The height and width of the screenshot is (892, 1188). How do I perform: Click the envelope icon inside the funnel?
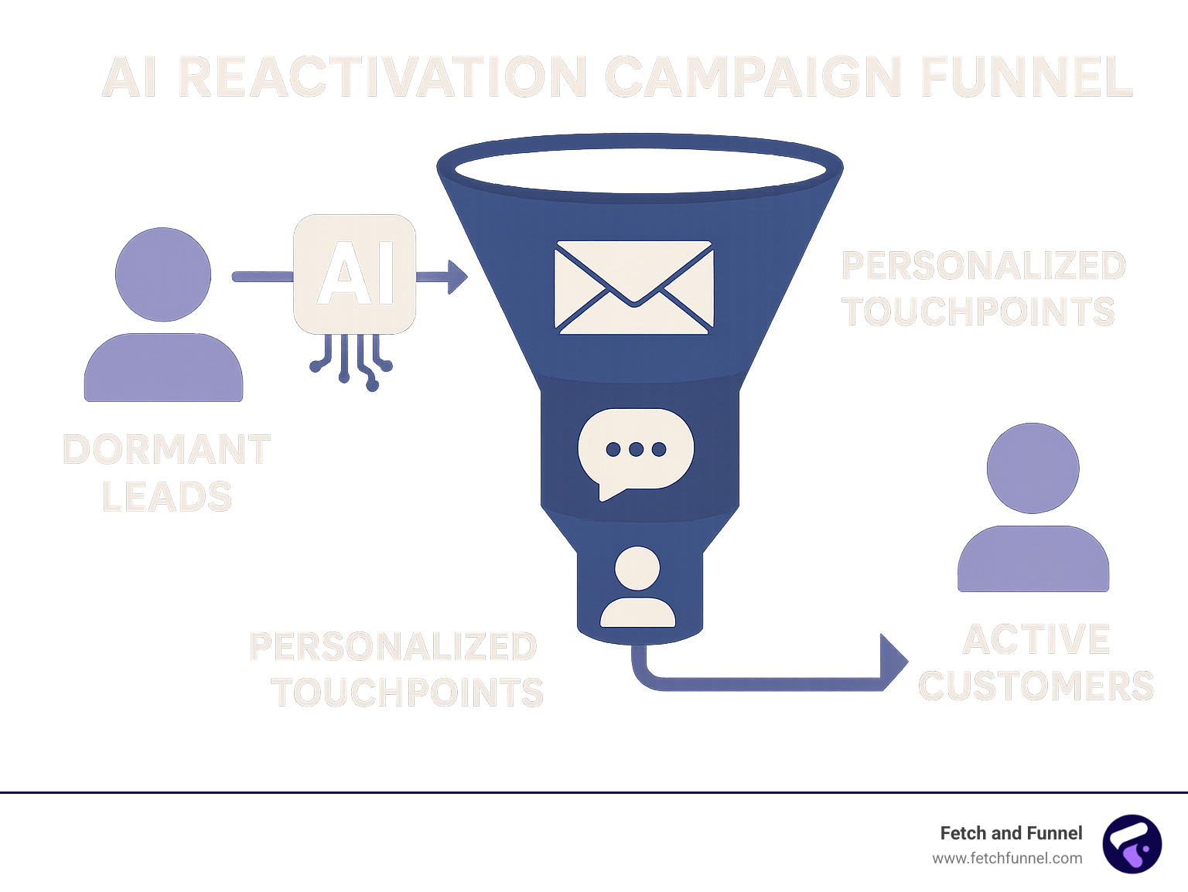(633, 288)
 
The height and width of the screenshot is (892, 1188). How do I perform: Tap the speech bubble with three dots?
(635, 451)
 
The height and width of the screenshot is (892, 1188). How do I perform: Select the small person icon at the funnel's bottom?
(637, 587)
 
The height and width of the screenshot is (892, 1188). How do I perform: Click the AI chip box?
(355, 274)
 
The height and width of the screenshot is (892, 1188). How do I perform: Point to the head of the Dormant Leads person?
(163, 274)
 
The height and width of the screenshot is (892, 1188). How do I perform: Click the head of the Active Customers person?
(1033, 468)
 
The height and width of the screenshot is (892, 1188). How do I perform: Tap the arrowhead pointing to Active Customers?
(893, 662)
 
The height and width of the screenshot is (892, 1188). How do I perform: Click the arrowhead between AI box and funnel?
(456, 277)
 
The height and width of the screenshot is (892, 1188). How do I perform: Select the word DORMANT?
(166, 450)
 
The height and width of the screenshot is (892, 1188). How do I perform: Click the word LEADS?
(167, 496)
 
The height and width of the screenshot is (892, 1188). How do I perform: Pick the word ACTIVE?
(1036, 640)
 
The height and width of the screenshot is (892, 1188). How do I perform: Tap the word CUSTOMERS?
(1036, 686)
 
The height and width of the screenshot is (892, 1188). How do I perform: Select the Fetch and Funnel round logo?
(1132, 844)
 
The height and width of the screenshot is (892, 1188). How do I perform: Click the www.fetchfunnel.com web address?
(1007, 858)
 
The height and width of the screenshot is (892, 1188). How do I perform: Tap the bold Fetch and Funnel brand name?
(1011, 833)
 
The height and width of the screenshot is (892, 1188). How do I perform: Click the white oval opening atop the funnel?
(640, 169)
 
